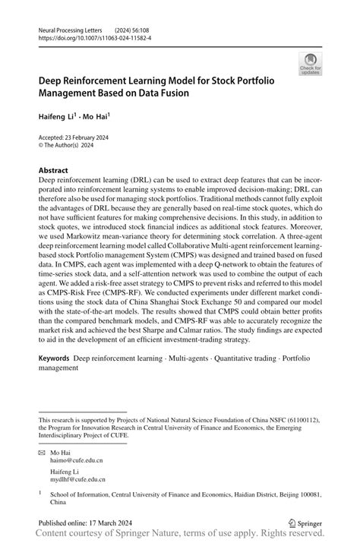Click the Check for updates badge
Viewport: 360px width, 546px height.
point(309,63)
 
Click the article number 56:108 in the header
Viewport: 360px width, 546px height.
point(144,27)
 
